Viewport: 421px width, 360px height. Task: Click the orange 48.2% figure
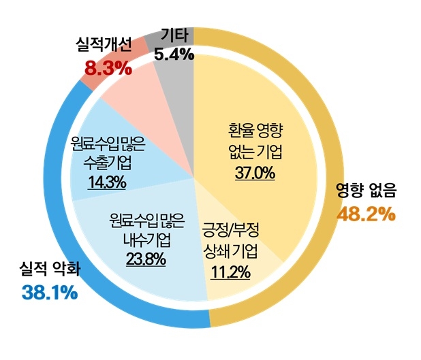click(x=367, y=214)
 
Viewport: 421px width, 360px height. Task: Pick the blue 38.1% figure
click(x=50, y=293)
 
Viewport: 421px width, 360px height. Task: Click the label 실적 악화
click(x=50, y=269)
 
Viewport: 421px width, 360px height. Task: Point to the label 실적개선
click(x=108, y=46)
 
